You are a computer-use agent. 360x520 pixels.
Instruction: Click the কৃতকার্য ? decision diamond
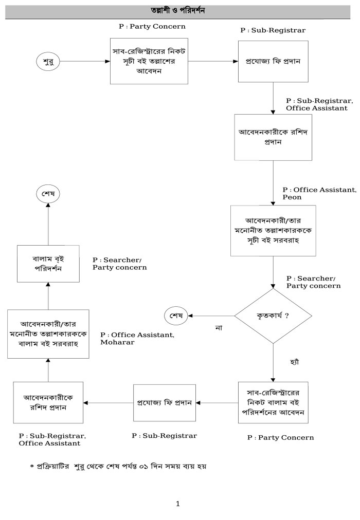[273, 315]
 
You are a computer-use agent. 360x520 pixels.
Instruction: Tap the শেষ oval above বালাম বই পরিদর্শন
[48, 194]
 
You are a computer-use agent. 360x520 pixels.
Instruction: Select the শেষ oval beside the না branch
[175, 315]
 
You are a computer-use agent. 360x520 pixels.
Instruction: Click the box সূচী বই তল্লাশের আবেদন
[149, 61]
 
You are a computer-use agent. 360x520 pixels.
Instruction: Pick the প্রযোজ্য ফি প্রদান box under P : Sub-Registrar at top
[273, 62]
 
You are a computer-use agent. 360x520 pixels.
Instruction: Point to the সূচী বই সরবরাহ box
[273, 230]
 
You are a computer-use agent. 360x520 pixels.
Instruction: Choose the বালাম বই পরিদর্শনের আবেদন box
[273, 402]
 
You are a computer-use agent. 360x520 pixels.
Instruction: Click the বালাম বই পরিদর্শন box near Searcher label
[48, 264]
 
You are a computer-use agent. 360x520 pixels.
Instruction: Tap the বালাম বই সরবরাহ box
[48, 334]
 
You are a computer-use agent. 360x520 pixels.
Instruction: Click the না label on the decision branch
[218, 327]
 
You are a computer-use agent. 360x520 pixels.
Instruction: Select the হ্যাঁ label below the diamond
[295, 362]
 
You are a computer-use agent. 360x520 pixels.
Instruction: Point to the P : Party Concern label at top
[152, 26]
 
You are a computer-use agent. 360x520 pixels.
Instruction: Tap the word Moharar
[117, 342]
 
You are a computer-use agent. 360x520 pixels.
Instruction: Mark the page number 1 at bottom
[178, 504]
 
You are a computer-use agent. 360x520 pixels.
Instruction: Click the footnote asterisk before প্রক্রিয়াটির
[32, 467]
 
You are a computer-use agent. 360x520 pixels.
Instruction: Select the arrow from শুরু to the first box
[85, 62]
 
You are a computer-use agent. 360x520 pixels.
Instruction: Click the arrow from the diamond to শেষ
[211, 315]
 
